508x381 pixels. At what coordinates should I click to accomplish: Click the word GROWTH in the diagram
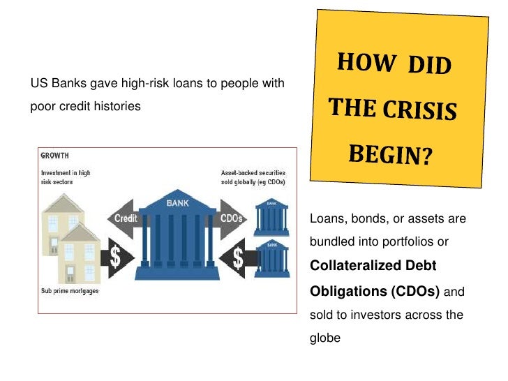54,155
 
